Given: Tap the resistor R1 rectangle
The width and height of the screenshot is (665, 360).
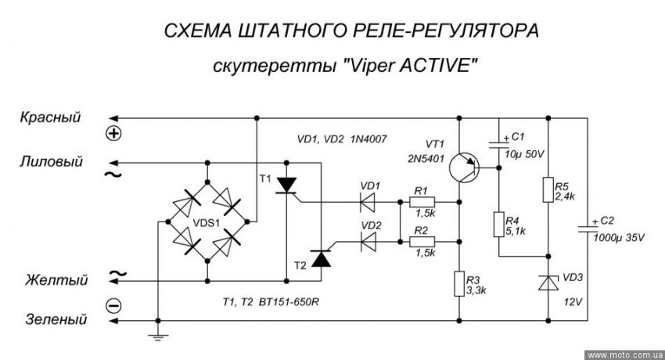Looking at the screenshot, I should [x=421, y=202].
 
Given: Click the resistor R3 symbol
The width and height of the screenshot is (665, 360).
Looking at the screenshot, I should [x=459, y=283].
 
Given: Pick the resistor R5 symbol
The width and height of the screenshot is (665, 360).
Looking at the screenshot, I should [x=547, y=189].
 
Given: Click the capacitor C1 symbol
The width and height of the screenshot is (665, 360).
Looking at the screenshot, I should [x=499, y=143].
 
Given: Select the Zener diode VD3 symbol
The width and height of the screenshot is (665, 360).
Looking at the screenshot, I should [x=547, y=283].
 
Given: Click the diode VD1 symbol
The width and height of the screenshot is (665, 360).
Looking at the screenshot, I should [x=367, y=202].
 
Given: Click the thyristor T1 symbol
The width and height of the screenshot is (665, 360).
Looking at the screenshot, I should [x=289, y=185].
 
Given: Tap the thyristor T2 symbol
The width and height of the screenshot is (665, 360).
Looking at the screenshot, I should [x=320, y=259].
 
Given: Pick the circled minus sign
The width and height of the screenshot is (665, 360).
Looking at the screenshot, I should [x=114, y=304].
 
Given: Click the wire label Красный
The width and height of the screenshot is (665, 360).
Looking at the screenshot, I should [x=52, y=117].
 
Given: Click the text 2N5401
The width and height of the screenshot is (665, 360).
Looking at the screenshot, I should [x=425, y=157].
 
